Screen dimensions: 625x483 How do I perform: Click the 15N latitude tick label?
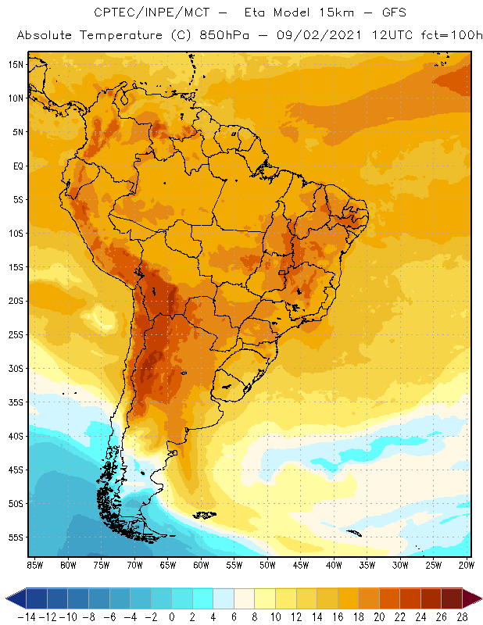coord(15,64)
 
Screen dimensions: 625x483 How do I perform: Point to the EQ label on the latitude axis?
coord(16,166)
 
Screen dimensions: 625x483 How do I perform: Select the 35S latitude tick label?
coord(15,402)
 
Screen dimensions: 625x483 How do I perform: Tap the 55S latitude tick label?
coord(15,537)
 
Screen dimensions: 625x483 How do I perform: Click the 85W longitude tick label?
coord(34,565)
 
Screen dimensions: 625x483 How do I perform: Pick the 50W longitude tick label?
coord(267,565)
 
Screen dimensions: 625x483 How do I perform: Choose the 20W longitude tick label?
coord(467,565)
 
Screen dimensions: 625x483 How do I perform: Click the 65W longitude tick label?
coord(167,565)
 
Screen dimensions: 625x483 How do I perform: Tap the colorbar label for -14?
coord(25,616)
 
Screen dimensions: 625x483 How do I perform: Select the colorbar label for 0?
coord(171,616)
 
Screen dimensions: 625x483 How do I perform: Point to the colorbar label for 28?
coord(461,616)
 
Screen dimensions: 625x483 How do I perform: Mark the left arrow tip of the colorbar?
coord(7,598)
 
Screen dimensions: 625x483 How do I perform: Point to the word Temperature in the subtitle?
coord(113,36)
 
